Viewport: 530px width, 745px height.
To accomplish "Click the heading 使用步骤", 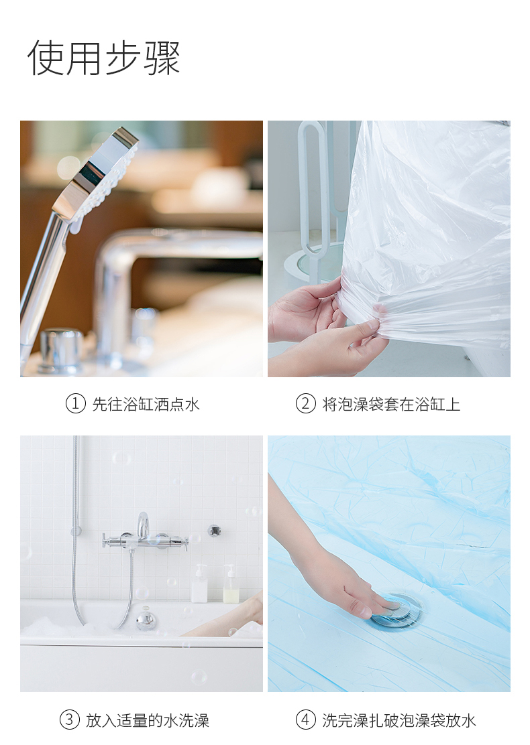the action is pyautogui.click(x=104, y=58).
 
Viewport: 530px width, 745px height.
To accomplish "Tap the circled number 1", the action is pyautogui.click(x=75, y=404).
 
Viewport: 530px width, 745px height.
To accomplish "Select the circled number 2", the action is pyautogui.click(x=305, y=404).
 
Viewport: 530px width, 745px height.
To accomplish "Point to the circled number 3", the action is pyautogui.click(x=70, y=720).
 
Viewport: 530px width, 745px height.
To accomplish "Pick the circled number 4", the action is pyautogui.click(x=305, y=720).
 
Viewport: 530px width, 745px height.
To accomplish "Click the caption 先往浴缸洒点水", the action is pyautogui.click(x=146, y=405).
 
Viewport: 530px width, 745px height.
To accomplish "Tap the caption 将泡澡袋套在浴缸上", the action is pyautogui.click(x=392, y=405).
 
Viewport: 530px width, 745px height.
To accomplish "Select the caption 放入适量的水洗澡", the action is pyautogui.click(x=148, y=720).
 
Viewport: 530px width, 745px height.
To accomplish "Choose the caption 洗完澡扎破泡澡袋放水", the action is pyautogui.click(x=399, y=720).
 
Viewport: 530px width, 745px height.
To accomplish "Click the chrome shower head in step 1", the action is pyautogui.click(x=97, y=176).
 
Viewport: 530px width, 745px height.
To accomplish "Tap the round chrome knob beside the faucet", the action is pyautogui.click(x=61, y=349).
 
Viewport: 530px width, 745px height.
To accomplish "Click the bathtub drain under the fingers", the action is pyautogui.click(x=396, y=610).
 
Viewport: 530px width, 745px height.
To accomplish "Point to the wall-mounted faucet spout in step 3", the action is pyautogui.click(x=143, y=525).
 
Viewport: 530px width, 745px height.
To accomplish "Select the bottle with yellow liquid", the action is pyautogui.click(x=230, y=585).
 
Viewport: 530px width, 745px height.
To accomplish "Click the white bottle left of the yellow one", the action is pyautogui.click(x=199, y=584).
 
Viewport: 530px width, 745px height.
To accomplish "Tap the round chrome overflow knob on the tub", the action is pyautogui.click(x=146, y=620).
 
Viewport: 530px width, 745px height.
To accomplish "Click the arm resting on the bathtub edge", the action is pyautogui.click(x=223, y=618).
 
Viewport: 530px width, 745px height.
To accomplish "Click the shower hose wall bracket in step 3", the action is pyautogui.click(x=76, y=530).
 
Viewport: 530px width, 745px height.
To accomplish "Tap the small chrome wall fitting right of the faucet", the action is pyautogui.click(x=215, y=530).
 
